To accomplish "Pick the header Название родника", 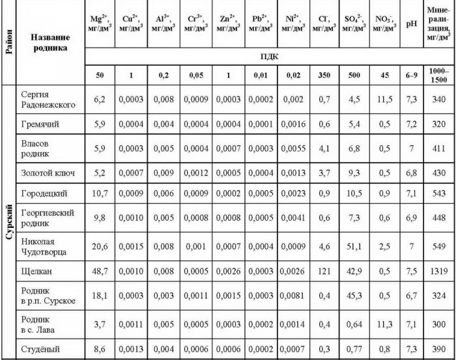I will [49, 44].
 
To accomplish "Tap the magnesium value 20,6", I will [100, 245].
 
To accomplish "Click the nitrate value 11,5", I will [385, 99].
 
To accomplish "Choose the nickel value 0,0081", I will [292, 295].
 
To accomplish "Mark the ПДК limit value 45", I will [385, 75].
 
